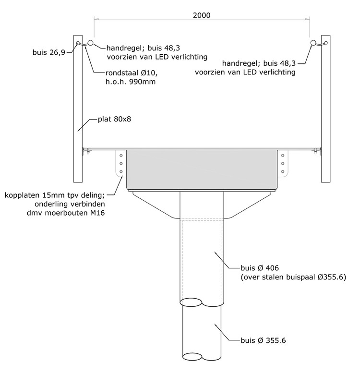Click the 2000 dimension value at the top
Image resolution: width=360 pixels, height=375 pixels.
[202, 15]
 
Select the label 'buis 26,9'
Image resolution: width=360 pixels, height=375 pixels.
[49, 52]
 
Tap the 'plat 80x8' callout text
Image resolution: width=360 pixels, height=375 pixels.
[115, 119]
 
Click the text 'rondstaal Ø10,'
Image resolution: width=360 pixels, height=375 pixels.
[132, 73]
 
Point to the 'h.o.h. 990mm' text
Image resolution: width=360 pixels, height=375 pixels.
[131, 82]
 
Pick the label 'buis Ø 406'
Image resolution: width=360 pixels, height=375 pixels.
[260, 268]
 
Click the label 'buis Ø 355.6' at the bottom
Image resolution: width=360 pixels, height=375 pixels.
[263, 340]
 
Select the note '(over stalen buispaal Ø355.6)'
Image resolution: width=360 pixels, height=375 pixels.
[293, 277]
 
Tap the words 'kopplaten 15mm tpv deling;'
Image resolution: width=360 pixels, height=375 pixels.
[55, 195]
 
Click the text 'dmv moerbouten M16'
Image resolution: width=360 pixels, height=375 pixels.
[66, 213]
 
